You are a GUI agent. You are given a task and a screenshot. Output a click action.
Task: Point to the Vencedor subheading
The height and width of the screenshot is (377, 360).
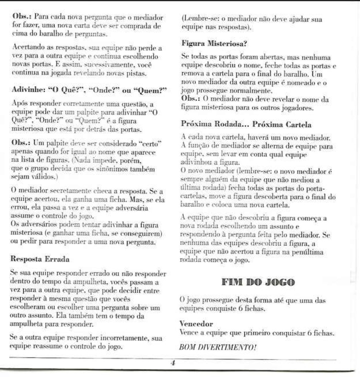click(196, 323)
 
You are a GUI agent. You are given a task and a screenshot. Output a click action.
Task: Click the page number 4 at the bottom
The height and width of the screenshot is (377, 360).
click(173, 363)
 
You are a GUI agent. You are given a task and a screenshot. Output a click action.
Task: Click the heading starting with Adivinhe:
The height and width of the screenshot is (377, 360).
click(89, 90)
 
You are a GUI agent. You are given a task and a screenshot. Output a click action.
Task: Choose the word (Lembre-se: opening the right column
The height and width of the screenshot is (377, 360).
click(199, 18)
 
